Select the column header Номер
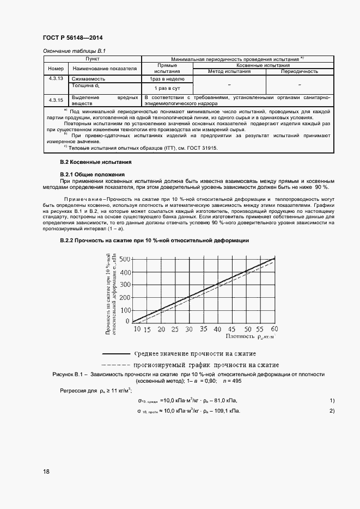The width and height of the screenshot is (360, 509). (x=56, y=69)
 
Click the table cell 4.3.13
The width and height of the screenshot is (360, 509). (x=56, y=78)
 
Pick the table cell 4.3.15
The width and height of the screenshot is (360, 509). (x=56, y=100)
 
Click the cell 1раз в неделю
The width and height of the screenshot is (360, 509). (x=167, y=79)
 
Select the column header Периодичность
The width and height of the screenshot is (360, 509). (x=299, y=71)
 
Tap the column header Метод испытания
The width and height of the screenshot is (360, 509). (x=229, y=71)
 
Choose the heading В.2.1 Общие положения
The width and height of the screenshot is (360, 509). (x=92, y=174)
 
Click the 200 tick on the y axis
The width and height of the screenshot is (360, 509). (x=125, y=297)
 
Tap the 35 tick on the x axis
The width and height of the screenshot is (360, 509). (x=203, y=329)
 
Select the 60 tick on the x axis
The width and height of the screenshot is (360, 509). (x=274, y=329)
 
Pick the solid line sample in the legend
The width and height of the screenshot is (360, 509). (x=116, y=353)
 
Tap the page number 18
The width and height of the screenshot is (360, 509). (x=46, y=471)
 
